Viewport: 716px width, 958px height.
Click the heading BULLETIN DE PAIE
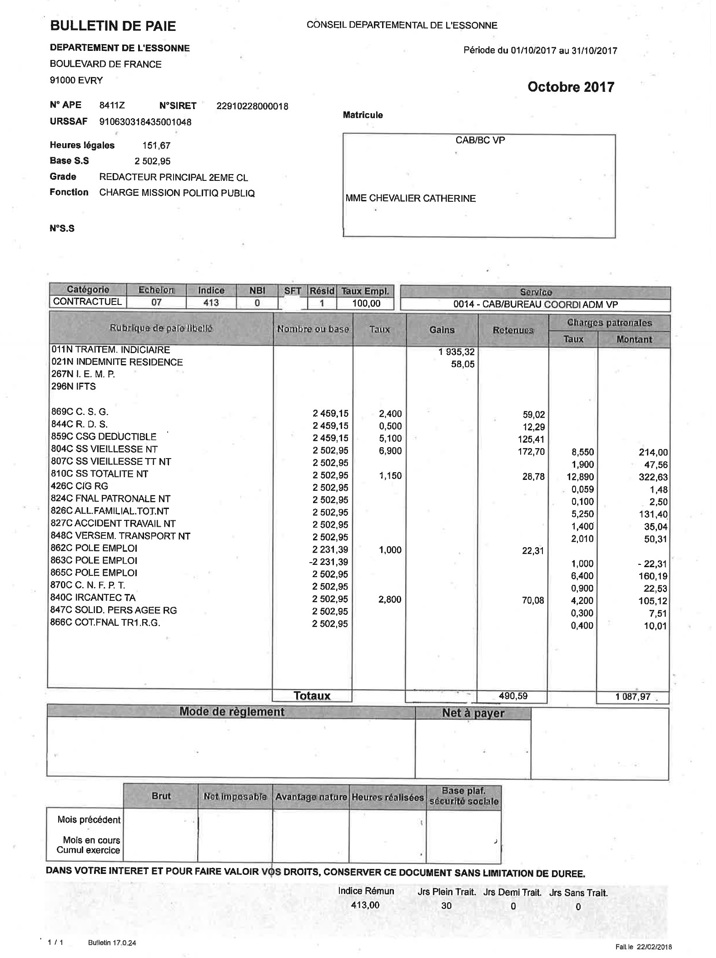[x=113, y=26]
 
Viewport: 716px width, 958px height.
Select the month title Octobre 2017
[x=571, y=87]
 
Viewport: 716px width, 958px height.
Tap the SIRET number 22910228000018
[x=252, y=106]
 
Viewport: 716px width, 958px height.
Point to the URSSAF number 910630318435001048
[x=145, y=122]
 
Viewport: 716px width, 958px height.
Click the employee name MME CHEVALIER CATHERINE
[x=411, y=198]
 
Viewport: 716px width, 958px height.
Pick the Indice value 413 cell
[x=211, y=302]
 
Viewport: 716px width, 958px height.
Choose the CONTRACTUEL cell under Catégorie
[x=88, y=302]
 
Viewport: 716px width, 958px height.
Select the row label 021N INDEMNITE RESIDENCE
[x=117, y=362]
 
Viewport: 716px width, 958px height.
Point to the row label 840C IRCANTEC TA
[x=93, y=598]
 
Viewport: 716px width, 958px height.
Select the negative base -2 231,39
[x=328, y=562]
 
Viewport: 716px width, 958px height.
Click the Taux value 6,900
[x=390, y=451]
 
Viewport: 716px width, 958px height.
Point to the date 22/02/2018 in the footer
[x=655, y=947]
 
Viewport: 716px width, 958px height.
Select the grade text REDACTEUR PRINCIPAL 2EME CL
[x=174, y=178]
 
